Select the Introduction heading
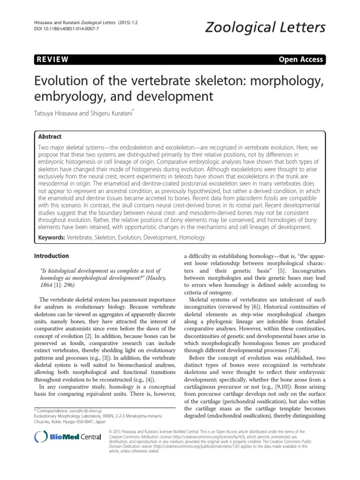click(52, 256)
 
